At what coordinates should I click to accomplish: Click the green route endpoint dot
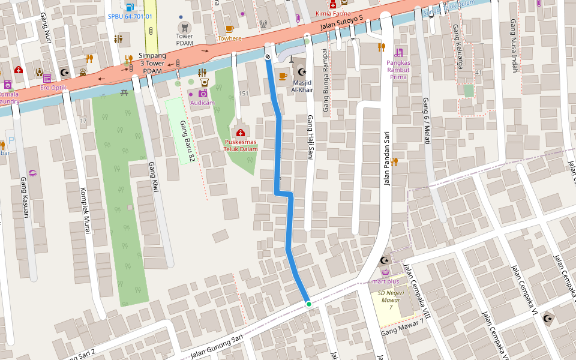[x=309, y=304]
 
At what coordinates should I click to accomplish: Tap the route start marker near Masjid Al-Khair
[x=268, y=57]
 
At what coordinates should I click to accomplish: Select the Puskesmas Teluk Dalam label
[x=241, y=146]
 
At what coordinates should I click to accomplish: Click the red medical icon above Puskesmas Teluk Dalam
[x=241, y=133]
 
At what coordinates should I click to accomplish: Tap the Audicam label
[x=202, y=103]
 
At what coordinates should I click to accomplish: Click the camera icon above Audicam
[x=203, y=93]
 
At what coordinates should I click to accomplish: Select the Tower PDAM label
[x=184, y=40]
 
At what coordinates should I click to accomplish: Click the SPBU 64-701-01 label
[x=130, y=17]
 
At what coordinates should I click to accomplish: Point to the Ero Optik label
[x=53, y=88]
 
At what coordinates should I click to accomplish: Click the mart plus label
[x=385, y=281]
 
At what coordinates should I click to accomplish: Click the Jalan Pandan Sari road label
[x=387, y=158]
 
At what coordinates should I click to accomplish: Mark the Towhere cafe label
[x=229, y=38]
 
